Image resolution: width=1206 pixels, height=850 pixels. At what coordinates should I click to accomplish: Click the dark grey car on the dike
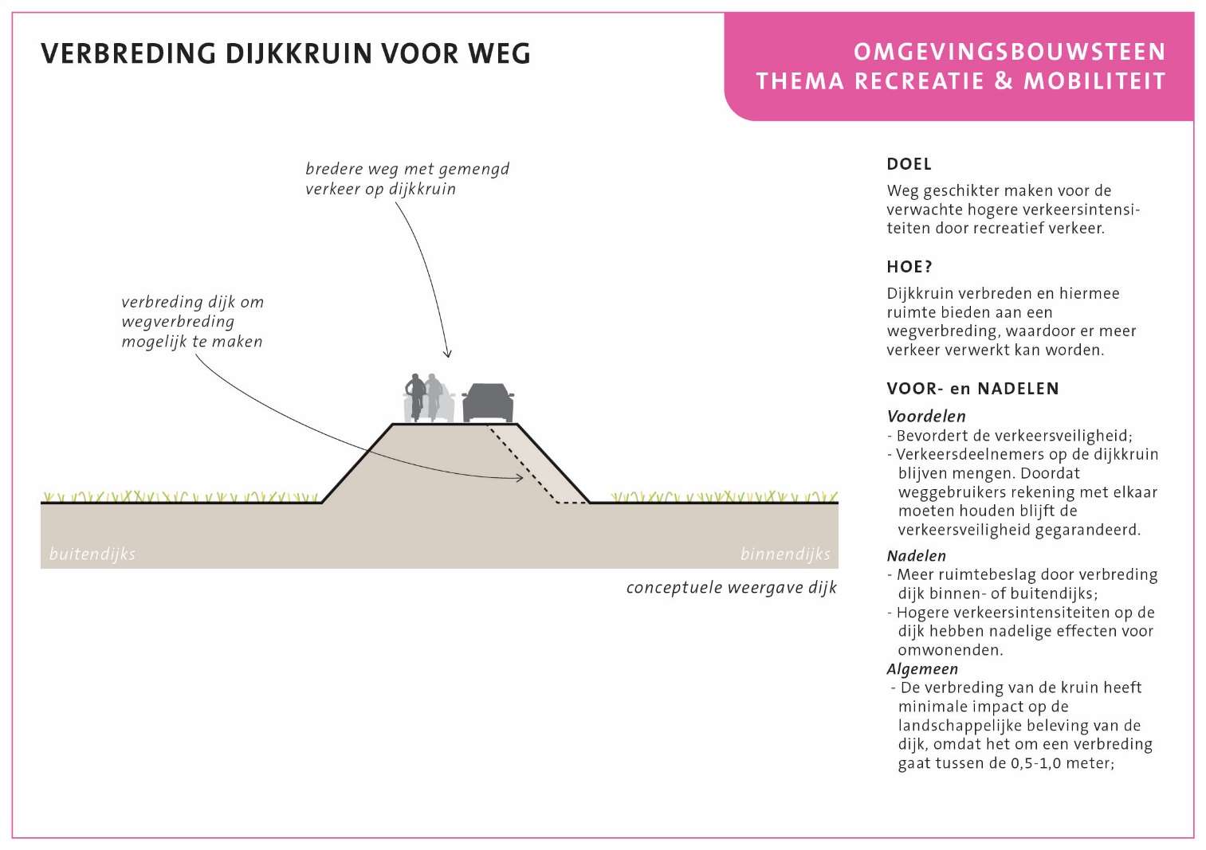click(488, 403)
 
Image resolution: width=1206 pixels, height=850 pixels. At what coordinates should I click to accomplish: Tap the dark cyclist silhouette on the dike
click(415, 397)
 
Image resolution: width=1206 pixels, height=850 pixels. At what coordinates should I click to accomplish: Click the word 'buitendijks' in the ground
click(92, 554)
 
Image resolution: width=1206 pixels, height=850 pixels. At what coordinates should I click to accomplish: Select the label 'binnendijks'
click(785, 554)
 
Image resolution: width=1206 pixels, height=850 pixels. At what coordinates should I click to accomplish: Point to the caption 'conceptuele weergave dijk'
click(732, 587)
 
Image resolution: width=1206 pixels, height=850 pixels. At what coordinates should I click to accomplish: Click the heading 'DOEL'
click(909, 164)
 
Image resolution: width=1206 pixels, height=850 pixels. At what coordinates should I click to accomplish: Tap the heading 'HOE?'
click(909, 267)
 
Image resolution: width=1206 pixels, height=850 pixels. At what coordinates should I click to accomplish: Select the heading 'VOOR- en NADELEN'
click(972, 389)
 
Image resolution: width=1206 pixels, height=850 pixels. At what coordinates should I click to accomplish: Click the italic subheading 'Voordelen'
click(926, 416)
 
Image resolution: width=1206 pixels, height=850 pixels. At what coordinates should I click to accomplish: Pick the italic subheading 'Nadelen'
click(917, 556)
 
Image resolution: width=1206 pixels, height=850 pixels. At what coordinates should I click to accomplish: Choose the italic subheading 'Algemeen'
click(922, 668)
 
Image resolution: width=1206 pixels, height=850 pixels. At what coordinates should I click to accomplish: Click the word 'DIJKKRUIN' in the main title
click(299, 54)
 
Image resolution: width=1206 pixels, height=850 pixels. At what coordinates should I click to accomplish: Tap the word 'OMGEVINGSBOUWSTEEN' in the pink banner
click(1009, 53)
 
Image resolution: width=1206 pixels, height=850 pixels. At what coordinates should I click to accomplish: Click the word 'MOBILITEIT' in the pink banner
click(1094, 81)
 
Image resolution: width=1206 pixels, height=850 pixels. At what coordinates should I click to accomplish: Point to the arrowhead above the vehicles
click(447, 354)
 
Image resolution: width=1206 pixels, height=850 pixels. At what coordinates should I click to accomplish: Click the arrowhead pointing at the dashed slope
click(520, 478)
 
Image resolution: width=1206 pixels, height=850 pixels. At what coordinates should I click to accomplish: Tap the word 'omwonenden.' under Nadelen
click(950, 650)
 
